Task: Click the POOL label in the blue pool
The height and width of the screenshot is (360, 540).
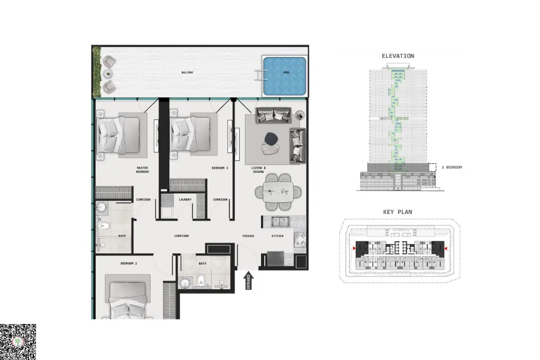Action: (x=286, y=72)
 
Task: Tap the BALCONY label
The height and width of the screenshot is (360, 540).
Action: (x=187, y=72)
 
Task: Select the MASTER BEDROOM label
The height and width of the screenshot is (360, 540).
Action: (x=142, y=170)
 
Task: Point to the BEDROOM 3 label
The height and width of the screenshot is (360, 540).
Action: (x=220, y=168)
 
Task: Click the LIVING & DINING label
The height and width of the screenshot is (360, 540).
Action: (x=258, y=170)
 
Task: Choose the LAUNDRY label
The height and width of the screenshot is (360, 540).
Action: (x=185, y=200)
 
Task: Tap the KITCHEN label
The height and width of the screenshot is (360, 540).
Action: (x=278, y=236)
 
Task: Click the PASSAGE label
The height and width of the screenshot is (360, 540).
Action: (x=248, y=236)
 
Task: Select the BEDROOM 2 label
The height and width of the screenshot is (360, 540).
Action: (x=129, y=263)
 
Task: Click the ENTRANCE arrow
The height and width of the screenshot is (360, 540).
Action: (x=248, y=280)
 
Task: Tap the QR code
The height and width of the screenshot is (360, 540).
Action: (x=18, y=342)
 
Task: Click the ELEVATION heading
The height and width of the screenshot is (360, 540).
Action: (x=398, y=56)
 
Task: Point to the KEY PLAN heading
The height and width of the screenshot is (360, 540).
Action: (x=398, y=212)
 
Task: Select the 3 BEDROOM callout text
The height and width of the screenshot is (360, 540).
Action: (x=452, y=167)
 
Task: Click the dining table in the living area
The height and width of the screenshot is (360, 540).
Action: (x=278, y=192)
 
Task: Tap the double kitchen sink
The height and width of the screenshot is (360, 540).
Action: (x=281, y=221)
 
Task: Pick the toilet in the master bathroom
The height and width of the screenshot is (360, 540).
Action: (x=104, y=226)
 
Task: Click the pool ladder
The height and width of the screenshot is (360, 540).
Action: (x=261, y=75)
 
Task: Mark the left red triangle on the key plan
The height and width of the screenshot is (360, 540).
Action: (x=354, y=248)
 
